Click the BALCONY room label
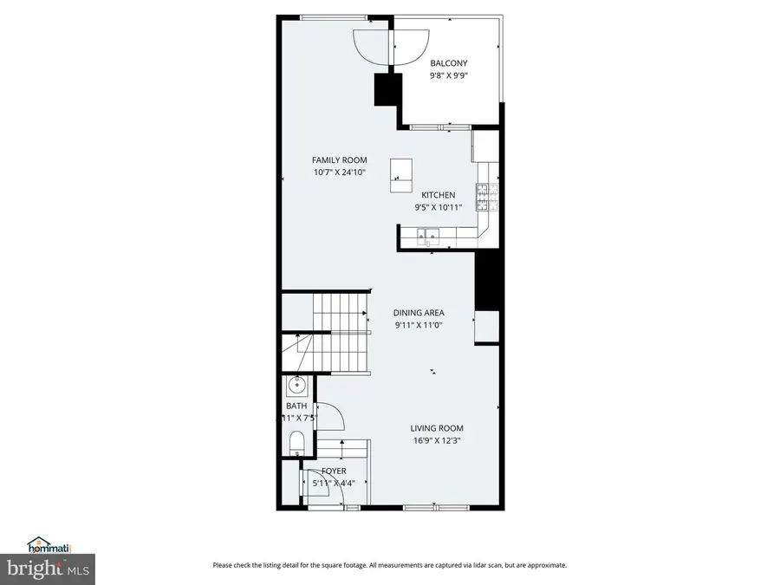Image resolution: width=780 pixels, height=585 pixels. coord(449,63)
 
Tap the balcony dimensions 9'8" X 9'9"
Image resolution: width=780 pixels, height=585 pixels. coord(449,75)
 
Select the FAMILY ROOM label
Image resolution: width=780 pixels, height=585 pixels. coord(340,160)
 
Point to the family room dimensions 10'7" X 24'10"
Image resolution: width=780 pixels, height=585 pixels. coord(340,172)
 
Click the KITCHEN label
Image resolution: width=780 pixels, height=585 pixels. coord(438,195)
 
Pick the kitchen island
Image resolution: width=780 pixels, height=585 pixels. coord(401,175)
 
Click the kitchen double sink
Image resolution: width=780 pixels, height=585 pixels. coord(427,234)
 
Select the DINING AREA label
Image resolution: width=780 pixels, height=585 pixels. coord(419,313)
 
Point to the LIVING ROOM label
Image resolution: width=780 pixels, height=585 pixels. coord(437,428)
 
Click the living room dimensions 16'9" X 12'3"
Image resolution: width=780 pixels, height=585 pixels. coord(437,440)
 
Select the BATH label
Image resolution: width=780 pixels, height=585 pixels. coord(296,406)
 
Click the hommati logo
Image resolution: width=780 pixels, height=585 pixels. coord(49,546)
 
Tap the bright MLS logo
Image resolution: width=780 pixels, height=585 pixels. coord(49,569)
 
